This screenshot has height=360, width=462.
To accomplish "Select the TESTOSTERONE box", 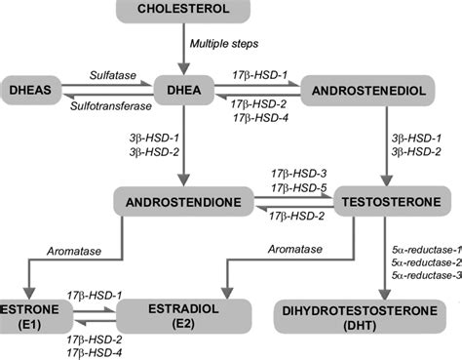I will point(390,202).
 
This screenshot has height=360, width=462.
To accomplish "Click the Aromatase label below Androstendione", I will point(46,252).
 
